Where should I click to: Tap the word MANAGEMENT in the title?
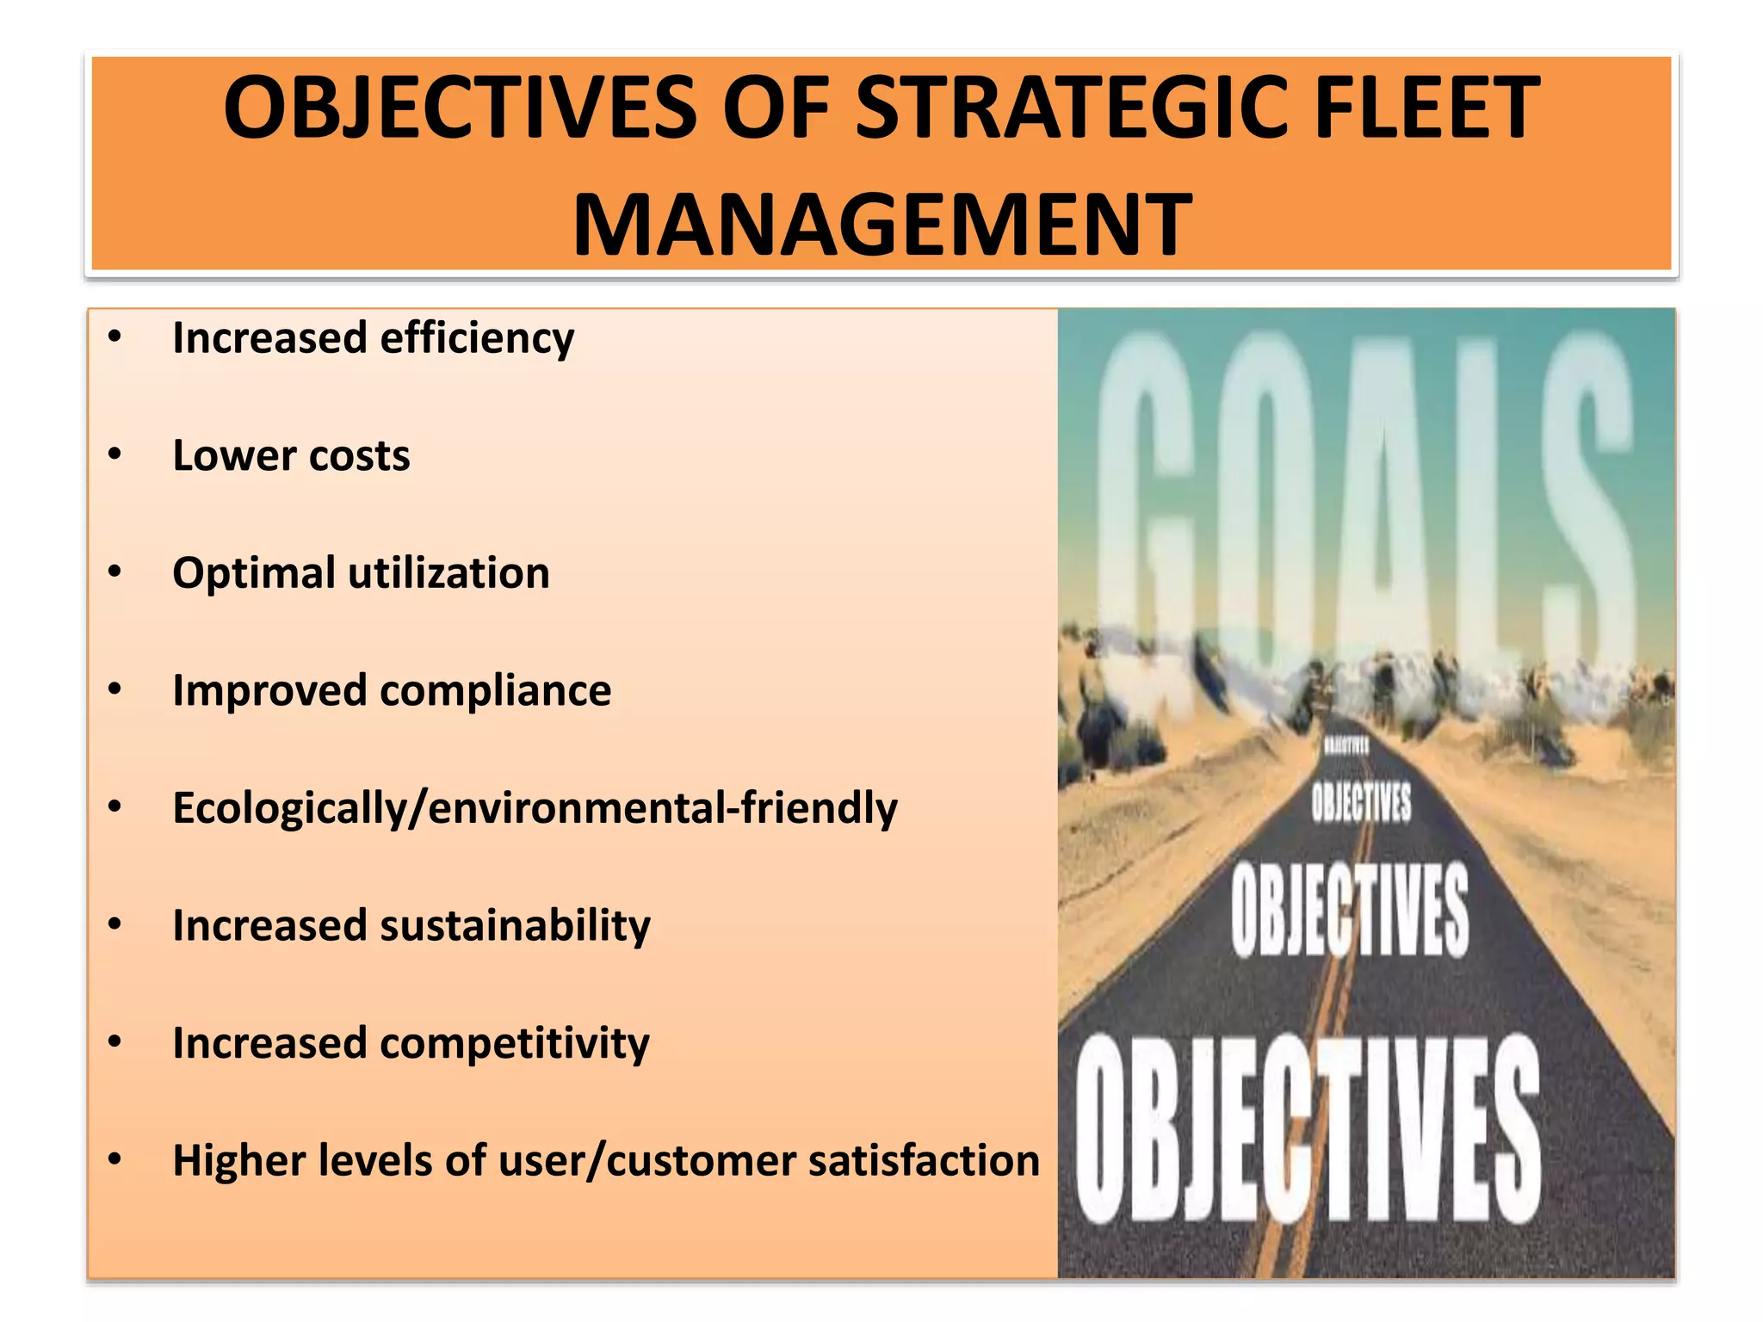882,225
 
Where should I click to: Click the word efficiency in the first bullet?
477,338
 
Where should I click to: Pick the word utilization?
448,573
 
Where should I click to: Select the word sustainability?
515,927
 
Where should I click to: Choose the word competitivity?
514,1044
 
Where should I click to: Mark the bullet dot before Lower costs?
115,454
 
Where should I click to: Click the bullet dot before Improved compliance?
115,689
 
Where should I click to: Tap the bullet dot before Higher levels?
115,1159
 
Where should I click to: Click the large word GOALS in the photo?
1364,499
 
